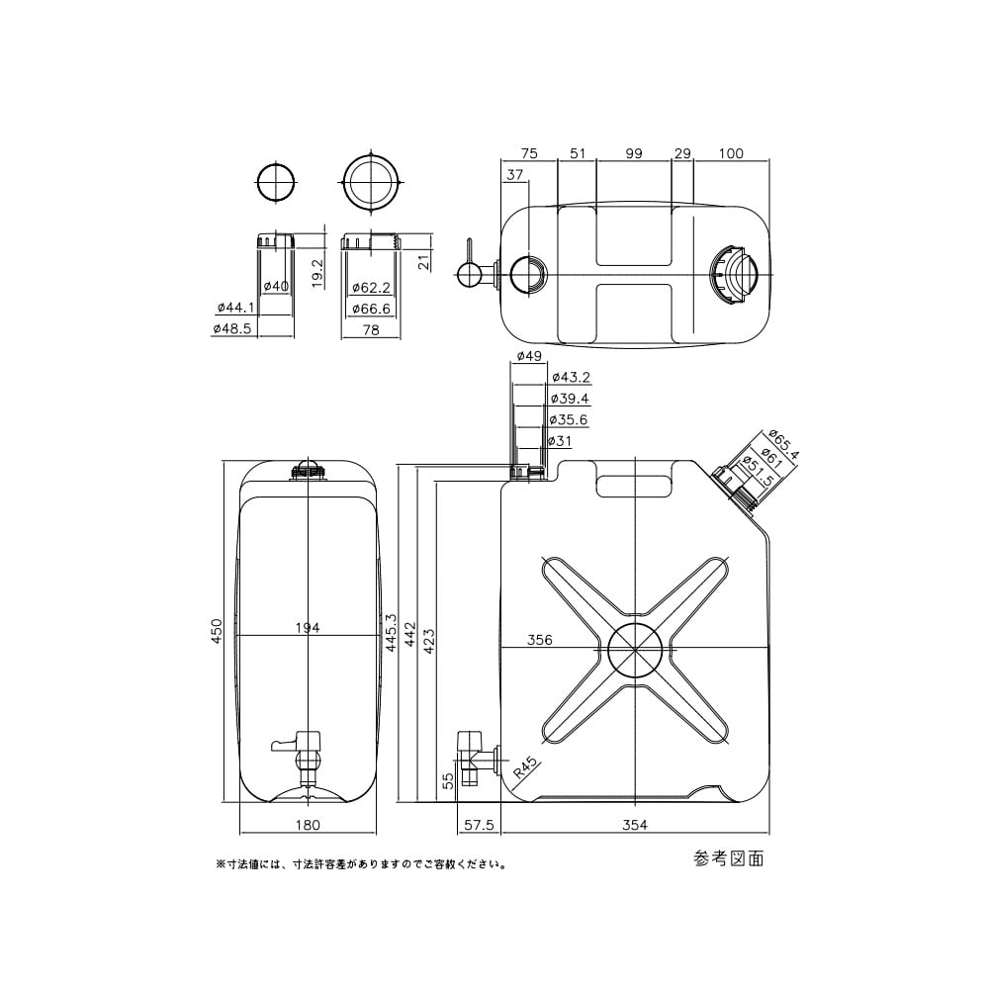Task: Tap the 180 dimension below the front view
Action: [309, 825]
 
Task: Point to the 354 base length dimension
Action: [634, 825]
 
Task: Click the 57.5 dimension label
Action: [479, 825]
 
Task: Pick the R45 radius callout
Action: [524, 766]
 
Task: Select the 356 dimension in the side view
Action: [539, 640]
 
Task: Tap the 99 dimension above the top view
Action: [634, 153]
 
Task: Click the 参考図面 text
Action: [730, 858]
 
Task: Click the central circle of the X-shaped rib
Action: [634, 650]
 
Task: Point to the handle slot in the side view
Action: [634, 485]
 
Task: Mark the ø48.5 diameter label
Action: [231, 330]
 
